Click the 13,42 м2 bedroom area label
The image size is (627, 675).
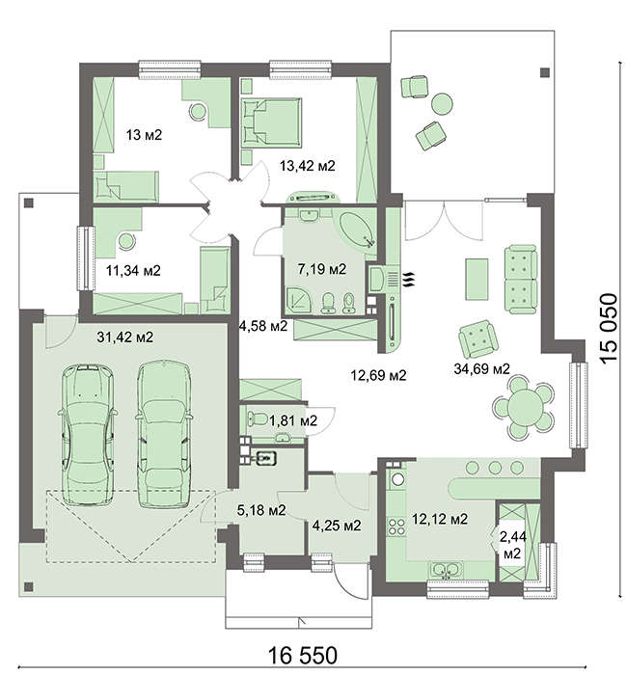click(x=307, y=166)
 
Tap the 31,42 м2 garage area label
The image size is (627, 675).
click(x=124, y=337)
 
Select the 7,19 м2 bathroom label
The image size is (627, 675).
click(x=322, y=269)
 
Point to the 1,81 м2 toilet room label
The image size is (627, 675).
click(x=293, y=420)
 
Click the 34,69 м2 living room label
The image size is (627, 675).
click(x=482, y=368)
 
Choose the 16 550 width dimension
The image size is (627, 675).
click(x=303, y=656)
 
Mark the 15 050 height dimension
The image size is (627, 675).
click(x=609, y=329)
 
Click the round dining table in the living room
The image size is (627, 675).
click(x=525, y=408)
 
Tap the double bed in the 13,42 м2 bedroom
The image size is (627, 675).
click(x=271, y=121)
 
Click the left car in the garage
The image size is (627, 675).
click(x=88, y=435)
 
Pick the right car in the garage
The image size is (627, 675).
click(x=164, y=435)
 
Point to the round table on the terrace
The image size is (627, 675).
click(x=442, y=104)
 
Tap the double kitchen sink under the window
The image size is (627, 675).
click(x=446, y=571)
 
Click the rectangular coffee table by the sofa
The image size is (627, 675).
click(x=477, y=279)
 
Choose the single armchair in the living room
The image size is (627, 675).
click(x=478, y=339)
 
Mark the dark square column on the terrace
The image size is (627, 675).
click(x=545, y=72)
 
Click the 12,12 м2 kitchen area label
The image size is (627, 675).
click(x=440, y=519)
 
